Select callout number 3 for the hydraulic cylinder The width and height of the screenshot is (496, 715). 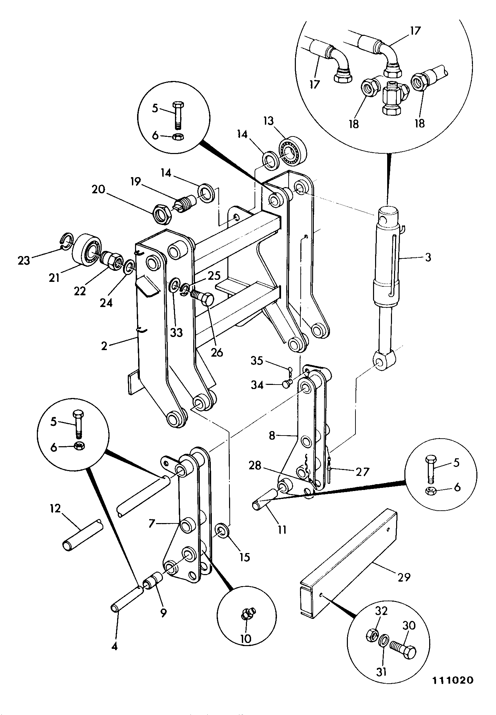[428, 257]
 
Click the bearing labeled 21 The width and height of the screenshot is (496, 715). [86, 250]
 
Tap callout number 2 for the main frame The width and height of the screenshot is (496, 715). [104, 346]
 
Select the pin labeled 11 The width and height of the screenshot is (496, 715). [264, 500]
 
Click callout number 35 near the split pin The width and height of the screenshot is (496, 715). [257, 361]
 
